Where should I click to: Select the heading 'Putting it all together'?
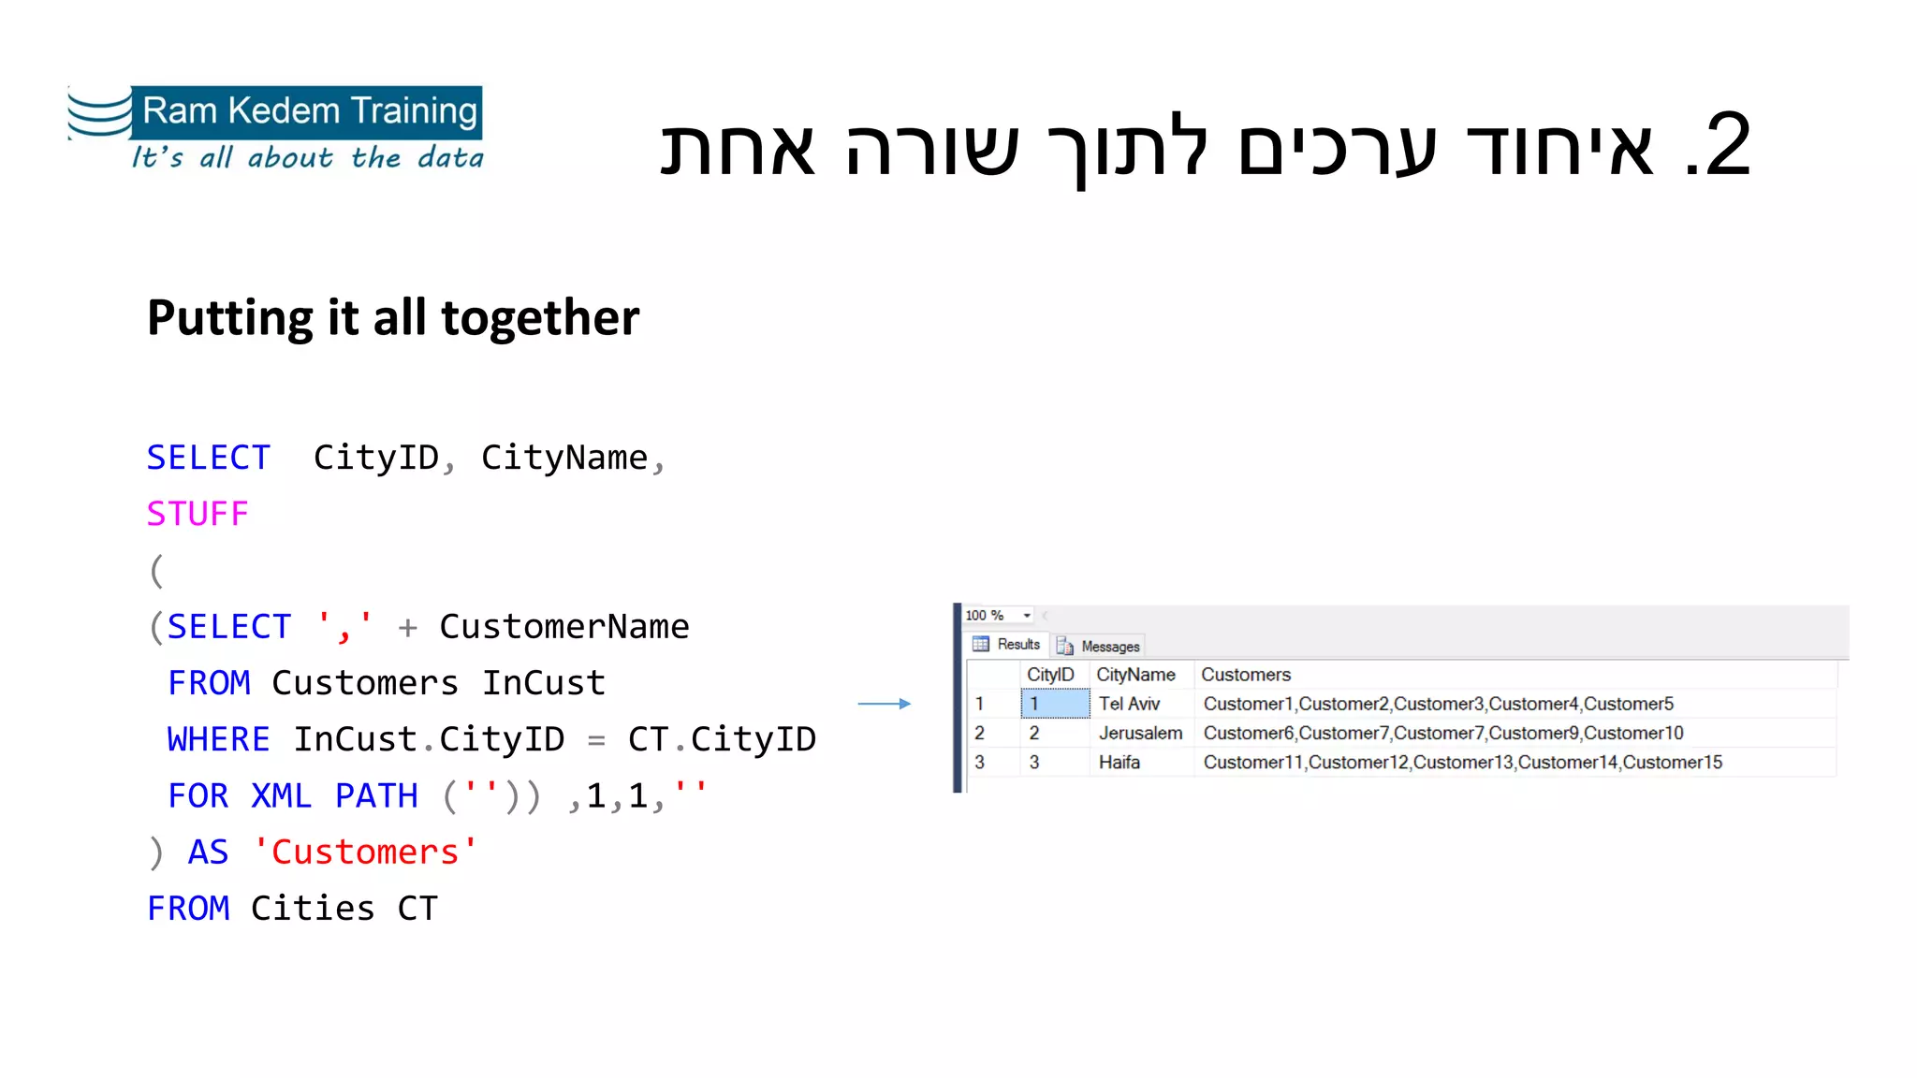(393, 318)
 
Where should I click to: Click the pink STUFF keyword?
(198, 514)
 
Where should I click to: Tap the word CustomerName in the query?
(563, 627)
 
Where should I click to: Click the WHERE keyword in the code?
(218, 739)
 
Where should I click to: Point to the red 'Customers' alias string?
(365, 852)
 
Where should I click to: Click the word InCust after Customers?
(543, 683)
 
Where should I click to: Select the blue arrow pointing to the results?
(884, 704)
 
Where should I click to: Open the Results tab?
(1008, 645)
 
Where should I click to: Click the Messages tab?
(1100, 646)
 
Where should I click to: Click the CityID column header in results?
(1050, 675)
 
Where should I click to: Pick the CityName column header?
(1135, 675)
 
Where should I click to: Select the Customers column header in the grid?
(1246, 675)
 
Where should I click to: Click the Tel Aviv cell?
(1129, 704)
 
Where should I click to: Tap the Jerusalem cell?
(1140, 733)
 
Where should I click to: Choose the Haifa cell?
(1119, 763)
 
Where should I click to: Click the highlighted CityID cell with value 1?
(1055, 704)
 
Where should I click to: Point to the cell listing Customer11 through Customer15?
(1462, 763)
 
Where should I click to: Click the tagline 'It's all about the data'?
(307, 157)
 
